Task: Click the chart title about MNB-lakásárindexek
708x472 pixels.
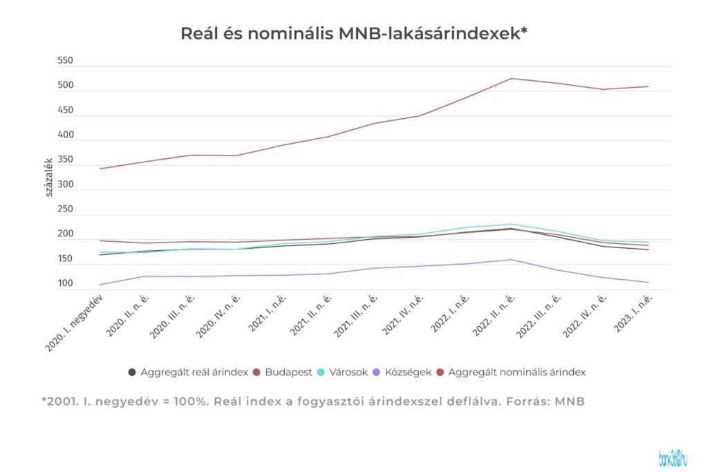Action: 354,33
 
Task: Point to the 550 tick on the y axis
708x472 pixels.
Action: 65,62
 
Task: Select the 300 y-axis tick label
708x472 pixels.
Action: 65,185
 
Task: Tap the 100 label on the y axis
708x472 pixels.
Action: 65,284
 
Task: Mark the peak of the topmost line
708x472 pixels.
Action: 511,78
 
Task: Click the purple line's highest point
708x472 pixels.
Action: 511,260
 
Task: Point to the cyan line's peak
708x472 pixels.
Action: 511,224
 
